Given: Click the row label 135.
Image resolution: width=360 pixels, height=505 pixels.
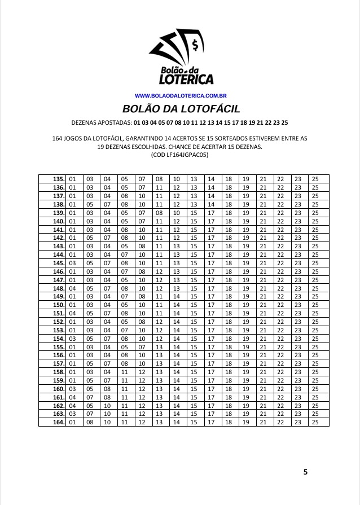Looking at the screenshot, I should [58, 179].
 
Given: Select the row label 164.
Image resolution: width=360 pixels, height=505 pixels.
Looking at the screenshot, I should [58, 422].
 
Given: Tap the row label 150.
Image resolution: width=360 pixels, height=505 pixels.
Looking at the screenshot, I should [58, 305].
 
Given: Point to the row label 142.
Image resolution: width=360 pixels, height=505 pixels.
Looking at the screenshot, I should [58, 238].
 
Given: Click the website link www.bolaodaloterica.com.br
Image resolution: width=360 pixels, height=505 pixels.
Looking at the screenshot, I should [181, 96].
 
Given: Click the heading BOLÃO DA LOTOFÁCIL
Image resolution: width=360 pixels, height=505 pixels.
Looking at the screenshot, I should [181, 108].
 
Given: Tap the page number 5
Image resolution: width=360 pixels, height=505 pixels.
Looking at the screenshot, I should [305, 472].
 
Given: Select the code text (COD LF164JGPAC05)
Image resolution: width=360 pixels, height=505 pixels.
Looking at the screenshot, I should [180, 153].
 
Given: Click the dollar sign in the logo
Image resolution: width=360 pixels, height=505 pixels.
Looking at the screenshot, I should [195, 43].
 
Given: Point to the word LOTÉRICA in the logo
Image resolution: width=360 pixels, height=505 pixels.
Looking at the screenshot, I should [183, 79].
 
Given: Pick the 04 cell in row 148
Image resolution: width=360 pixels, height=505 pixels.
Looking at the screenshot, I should [72, 288].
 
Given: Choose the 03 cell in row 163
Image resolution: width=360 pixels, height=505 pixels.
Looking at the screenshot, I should [72, 414].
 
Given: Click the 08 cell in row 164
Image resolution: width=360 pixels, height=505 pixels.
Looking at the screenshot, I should [90, 422].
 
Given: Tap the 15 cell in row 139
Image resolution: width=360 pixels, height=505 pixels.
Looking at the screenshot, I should [194, 213].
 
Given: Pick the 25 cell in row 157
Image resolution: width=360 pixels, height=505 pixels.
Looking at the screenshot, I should [315, 363].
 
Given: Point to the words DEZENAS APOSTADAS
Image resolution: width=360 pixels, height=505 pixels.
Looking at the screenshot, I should [102, 122].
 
